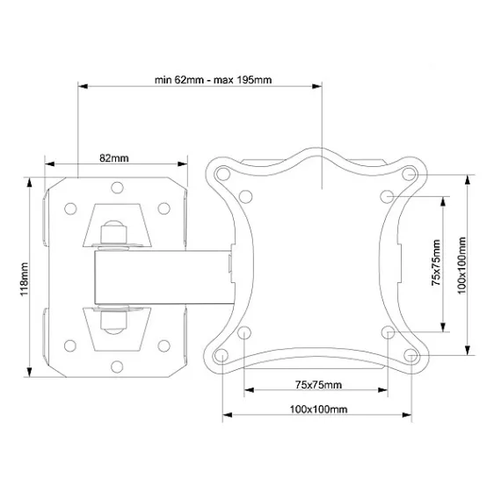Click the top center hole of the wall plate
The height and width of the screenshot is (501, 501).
117,187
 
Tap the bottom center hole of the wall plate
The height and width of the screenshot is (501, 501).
117,368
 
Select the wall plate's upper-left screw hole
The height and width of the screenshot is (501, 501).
69,208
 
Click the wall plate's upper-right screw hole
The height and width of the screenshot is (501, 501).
163,208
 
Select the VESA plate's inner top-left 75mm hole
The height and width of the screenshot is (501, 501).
245,195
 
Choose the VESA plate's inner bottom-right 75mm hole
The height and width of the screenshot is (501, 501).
388,333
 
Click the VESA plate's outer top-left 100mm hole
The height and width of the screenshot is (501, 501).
222,173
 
